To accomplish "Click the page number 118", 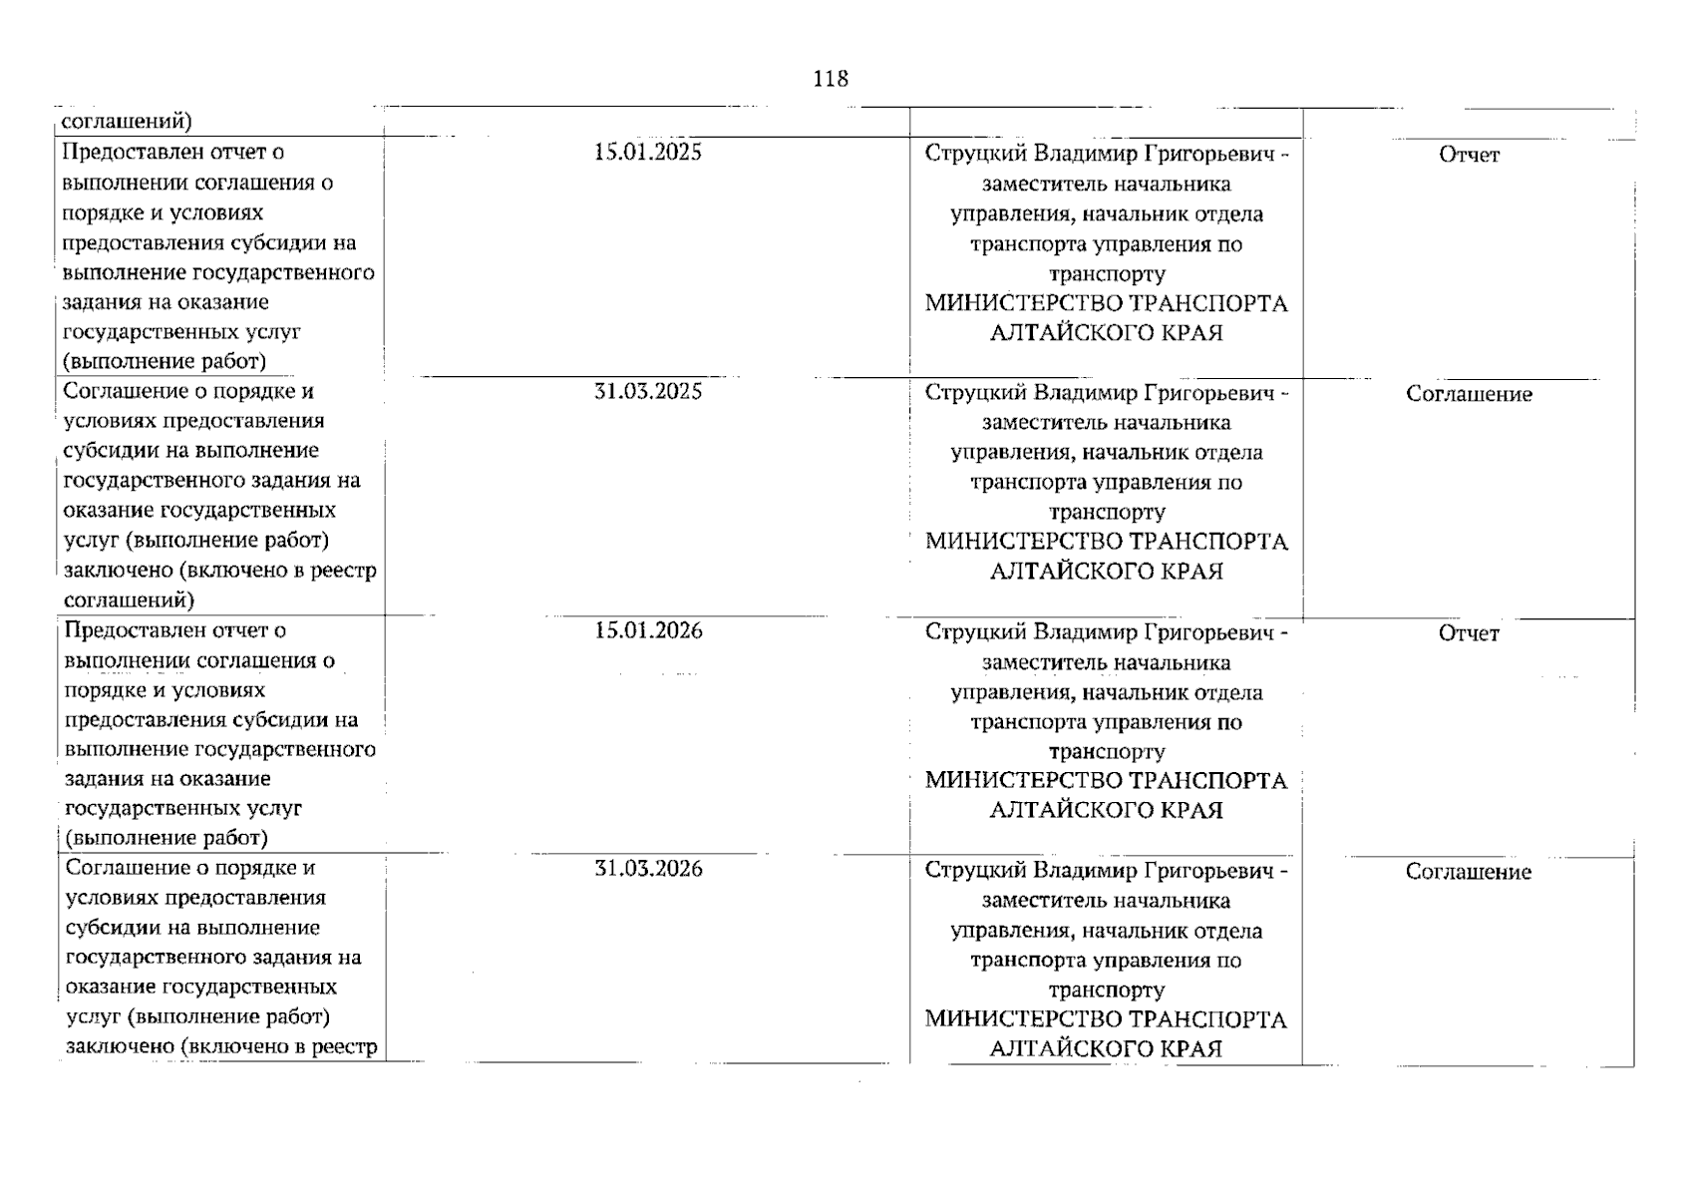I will pyautogui.click(x=830, y=79).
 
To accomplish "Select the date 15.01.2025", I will pyautogui.click(x=647, y=152).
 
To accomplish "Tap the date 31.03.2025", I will pyautogui.click(x=647, y=391).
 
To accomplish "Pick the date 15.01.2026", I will pyautogui.click(x=647, y=630).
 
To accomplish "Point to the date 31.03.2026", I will pyautogui.click(x=647, y=869).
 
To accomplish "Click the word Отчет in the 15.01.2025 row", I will pyautogui.click(x=1469, y=155).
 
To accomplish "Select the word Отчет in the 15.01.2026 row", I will pyautogui.click(x=1469, y=633).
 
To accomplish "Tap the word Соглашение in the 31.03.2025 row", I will pyautogui.click(x=1469, y=394).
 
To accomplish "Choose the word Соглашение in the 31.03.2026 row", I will pyautogui.click(x=1469, y=872).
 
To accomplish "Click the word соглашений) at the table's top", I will pyautogui.click(x=127, y=122).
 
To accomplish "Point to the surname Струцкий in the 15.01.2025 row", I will pyautogui.click(x=975, y=154).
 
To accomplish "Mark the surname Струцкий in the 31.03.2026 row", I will pyautogui.click(x=975, y=871).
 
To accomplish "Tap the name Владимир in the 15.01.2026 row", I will pyautogui.click(x=1082, y=632).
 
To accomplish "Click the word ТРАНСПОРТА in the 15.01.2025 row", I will pyautogui.click(x=1208, y=303).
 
